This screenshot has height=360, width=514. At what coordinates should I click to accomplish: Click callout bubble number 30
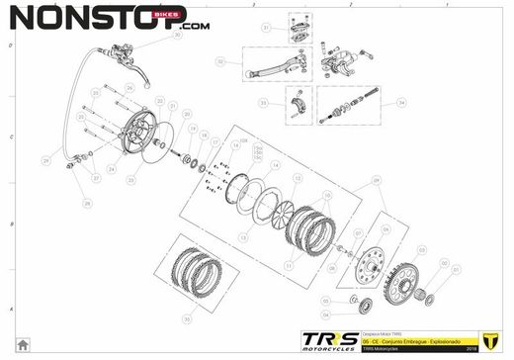click(177, 35)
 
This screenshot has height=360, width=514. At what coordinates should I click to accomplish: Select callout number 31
click(265, 29)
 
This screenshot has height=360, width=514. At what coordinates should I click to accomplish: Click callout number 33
click(264, 102)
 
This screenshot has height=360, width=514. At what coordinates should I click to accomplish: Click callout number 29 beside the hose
click(45, 160)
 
